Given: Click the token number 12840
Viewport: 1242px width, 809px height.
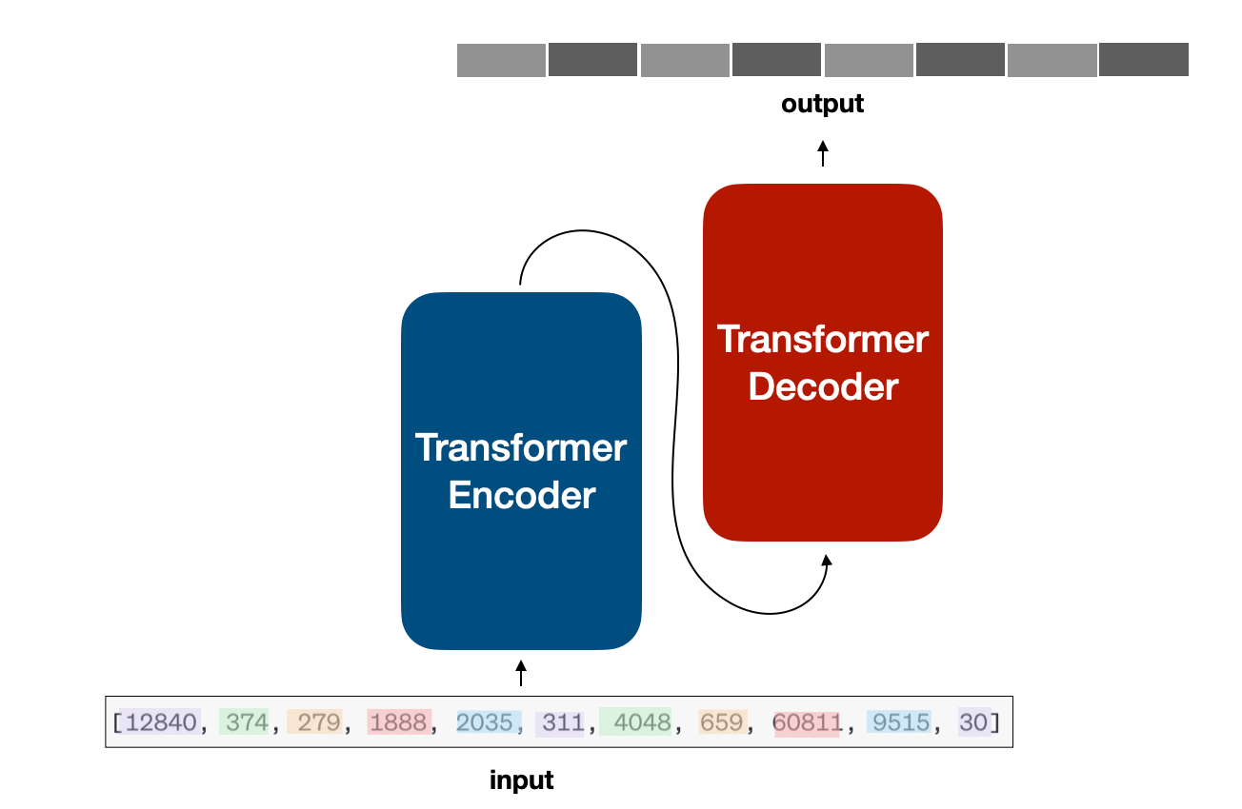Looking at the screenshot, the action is (x=161, y=722).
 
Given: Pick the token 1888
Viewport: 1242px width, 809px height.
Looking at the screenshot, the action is (x=398, y=722).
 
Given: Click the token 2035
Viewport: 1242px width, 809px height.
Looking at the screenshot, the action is (x=485, y=722).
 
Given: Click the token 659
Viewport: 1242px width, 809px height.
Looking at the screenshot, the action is (x=721, y=722).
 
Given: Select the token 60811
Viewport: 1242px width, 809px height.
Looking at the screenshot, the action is (x=808, y=722).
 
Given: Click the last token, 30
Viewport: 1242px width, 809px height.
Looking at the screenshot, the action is (x=973, y=722).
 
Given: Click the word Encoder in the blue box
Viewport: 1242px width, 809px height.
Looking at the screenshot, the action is (x=522, y=495).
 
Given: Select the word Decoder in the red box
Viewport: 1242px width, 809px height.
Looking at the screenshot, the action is (x=823, y=386).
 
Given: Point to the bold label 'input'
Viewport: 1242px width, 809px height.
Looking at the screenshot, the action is (x=521, y=780).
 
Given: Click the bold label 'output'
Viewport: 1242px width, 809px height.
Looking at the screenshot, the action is (x=822, y=104).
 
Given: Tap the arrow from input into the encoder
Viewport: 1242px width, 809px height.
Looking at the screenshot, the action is (x=521, y=673).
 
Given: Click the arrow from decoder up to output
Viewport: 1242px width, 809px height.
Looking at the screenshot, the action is (x=823, y=153).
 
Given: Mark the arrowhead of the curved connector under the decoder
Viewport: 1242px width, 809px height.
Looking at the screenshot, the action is (x=827, y=560).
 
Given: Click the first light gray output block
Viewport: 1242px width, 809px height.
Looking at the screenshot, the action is (x=501, y=60).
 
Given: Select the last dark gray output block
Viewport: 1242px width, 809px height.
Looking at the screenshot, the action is (x=1144, y=59).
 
